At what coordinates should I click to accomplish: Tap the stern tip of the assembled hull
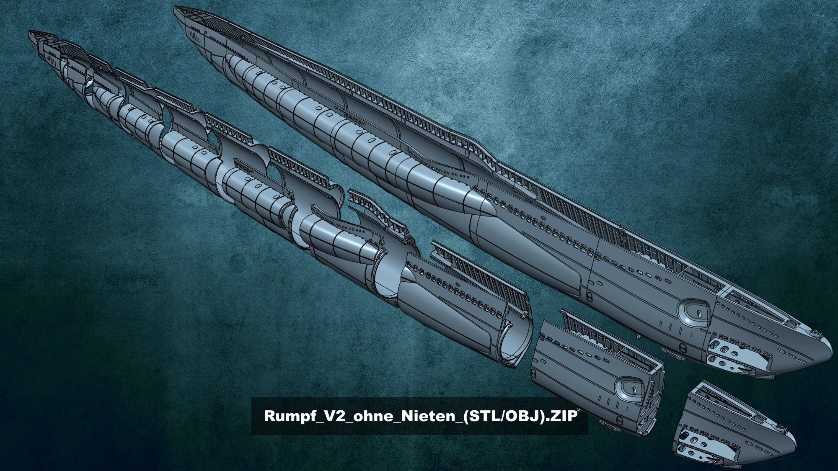[176, 8]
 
